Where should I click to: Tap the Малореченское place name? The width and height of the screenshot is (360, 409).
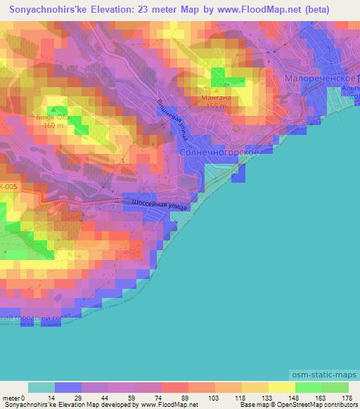[x=323, y=79]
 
